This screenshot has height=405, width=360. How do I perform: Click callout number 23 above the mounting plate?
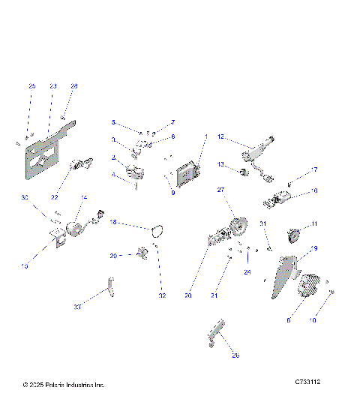click(x=52, y=86)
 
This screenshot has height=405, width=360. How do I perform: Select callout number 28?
click(x=74, y=86)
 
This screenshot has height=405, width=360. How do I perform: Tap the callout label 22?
click(x=54, y=196)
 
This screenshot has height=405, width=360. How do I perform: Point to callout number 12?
click(x=221, y=136)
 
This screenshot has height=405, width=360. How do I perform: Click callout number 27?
click(x=221, y=190)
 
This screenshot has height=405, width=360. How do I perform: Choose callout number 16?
click(x=313, y=191)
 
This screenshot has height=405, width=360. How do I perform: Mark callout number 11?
click(x=314, y=223)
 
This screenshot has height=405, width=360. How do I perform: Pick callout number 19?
click(x=314, y=248)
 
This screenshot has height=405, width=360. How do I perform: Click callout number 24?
click(x=247, y=272)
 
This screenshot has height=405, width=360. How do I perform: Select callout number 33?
click(x=77, y=307)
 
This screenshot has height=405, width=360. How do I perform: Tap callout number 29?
click(x=114, y=256)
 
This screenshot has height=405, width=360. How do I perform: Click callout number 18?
click(x=114, y=223)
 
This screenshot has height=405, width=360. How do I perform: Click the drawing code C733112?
click(x=307, y=382)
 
